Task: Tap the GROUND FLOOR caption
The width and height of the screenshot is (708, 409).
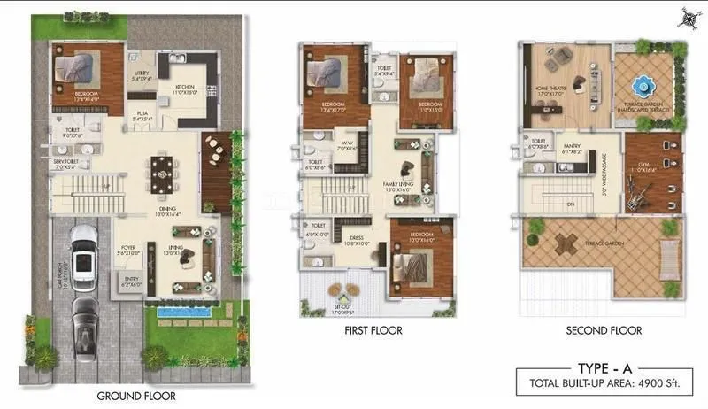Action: pos(136,396)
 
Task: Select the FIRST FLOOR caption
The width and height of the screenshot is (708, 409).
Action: pos(373,331)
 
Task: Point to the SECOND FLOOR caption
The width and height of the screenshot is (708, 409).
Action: pos(604,331)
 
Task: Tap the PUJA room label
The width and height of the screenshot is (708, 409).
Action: pos(142,113)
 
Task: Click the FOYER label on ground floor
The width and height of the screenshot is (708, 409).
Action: pos(128,249)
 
